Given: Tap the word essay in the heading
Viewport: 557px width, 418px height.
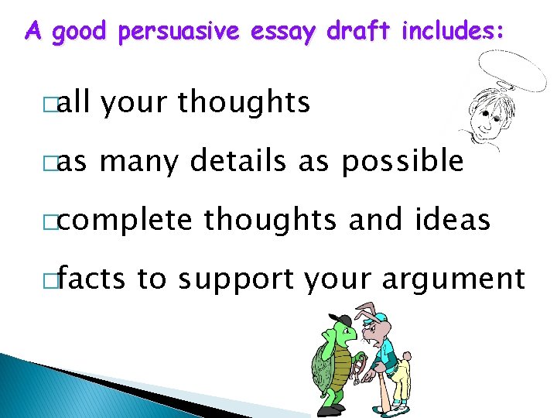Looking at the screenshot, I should pyautogui.click(x=284, y=33).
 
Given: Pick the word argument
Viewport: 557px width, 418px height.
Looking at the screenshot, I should pyautogui.click(x=460, y=279).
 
